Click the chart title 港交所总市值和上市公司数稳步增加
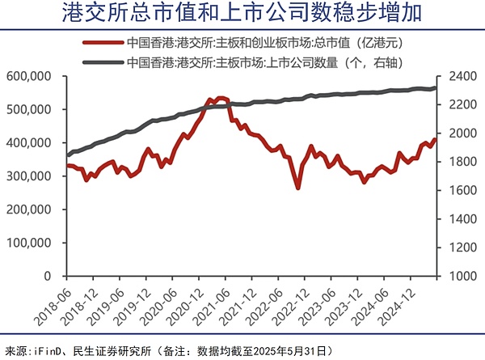point(242,14)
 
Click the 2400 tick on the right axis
point(457,75)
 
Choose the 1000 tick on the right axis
point(457,276)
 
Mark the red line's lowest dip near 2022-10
point(297,188)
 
